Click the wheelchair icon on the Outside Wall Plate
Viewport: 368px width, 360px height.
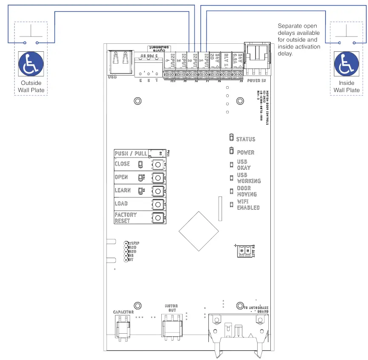click(x=31, y=65)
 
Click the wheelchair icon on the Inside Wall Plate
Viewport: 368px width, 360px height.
click(x=346, y=65)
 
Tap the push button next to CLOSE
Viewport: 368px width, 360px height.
click(x=157, y=165)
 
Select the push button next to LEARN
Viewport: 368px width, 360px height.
click(x=157, y=191)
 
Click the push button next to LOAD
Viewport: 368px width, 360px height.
click(x=157, y=204)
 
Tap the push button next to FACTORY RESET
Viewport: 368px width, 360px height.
click(x=157, y=218)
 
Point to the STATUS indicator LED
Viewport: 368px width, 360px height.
click(x=231, y=138)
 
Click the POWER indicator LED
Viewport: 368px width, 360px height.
click(x=231, y=151)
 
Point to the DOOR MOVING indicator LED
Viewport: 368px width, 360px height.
click(x=231, y=191)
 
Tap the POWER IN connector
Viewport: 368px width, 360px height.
click(x=257, y=57)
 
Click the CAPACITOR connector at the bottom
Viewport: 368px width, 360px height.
click(x=123, y=328)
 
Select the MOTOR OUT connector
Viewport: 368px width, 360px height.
click(x=172, y=328)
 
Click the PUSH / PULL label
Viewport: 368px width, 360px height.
click(x=131, y=153)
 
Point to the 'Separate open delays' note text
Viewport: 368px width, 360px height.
click(x=299, y=40)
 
